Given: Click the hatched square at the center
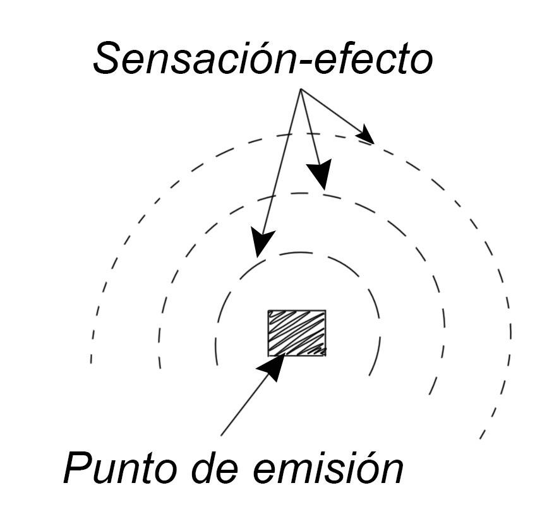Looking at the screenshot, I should click(297, 333).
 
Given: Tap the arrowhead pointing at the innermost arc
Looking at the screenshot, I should click(261, 242).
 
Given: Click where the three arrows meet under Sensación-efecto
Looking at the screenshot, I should click(301, 90).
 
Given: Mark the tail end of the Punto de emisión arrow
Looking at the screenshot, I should click(221, 435).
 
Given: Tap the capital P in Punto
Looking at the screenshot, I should click(78, 468).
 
